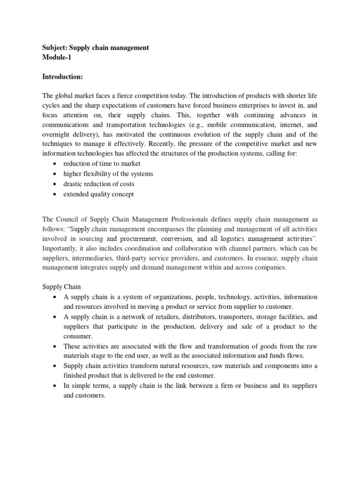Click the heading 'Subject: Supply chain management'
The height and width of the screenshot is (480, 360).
coord(96,48)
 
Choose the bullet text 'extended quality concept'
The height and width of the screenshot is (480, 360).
coord(98,194)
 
